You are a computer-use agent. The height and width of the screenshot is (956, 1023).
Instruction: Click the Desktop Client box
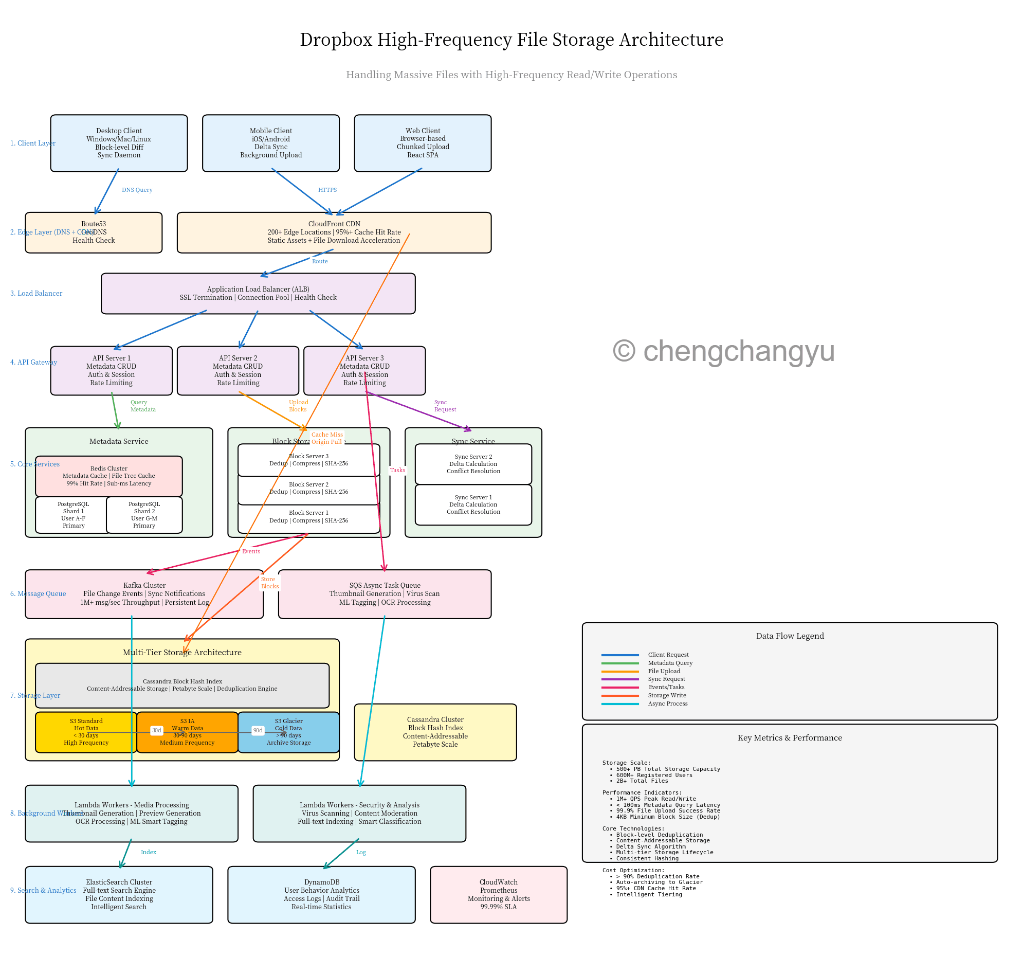coord(119,143)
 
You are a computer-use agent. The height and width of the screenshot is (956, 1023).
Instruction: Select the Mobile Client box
coord(271,143)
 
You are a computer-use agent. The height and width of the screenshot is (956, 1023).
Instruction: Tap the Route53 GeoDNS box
coord(94,232)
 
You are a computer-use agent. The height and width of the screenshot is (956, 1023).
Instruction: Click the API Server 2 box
coord(238,371)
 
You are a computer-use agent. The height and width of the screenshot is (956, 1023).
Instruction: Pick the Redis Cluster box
coord(108,476)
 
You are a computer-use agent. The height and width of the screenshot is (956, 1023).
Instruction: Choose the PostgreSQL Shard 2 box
coord(144,515)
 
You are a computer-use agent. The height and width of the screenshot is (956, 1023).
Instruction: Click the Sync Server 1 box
coord(473,505)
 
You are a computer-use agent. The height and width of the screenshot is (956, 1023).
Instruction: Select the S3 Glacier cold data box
coord(289,732)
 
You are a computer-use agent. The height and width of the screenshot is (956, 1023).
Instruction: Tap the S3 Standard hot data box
coord(86,732)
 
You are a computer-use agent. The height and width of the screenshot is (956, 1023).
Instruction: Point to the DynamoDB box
coord(321,895)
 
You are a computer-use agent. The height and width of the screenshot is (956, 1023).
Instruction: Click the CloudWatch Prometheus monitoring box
coord(498,895)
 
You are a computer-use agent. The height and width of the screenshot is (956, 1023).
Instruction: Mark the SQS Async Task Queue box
coord(385,594)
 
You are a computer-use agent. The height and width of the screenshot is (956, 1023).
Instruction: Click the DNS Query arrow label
coord(137,190)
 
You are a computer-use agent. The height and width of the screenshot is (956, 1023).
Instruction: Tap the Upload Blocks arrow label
coord(298,406)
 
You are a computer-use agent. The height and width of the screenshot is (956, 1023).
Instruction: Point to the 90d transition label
coord(258,731)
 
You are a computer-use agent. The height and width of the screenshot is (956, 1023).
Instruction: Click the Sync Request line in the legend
coord(620,679)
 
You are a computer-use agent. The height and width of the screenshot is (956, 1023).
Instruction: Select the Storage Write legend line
coord(620,695)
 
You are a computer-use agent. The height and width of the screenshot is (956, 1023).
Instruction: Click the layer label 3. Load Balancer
coord(36,294)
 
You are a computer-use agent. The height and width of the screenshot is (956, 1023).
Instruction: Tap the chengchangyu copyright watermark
coord(723,351)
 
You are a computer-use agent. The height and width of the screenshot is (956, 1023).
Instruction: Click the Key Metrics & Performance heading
coord(790,738)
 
